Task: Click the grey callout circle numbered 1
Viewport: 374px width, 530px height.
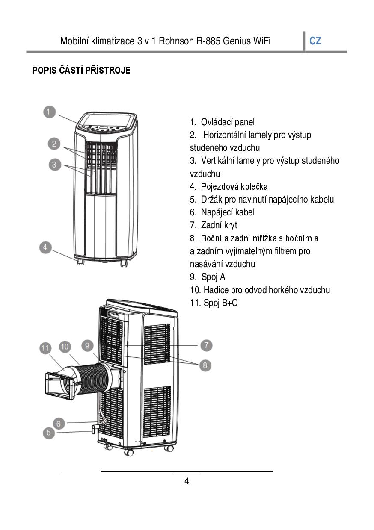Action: coord(49,112)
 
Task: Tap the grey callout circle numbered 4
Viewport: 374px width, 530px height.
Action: coord(45,247)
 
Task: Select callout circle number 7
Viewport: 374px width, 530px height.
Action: coord(206,345)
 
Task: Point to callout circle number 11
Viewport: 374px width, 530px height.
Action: coord(45,348)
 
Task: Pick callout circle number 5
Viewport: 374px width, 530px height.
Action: coord(49,433)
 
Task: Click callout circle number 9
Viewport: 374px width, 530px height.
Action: coord(87,346)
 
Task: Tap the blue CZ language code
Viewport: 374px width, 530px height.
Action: coord(315,41)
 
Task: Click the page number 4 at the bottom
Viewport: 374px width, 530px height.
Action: coord(187,481)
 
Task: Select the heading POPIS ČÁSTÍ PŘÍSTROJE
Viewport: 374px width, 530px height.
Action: coord(81,70)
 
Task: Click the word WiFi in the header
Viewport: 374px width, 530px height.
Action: coord(262,41)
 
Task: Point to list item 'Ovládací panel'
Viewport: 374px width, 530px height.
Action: coord(228,122)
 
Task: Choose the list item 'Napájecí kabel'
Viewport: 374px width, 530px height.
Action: coord(228,212)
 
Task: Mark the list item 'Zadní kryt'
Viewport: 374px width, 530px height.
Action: coord(219,225)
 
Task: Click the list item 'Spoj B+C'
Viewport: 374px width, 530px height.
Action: coord(220,303)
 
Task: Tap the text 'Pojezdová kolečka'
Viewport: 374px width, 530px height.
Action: coord(234,187)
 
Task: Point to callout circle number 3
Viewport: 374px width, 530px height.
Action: coord(55,165)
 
